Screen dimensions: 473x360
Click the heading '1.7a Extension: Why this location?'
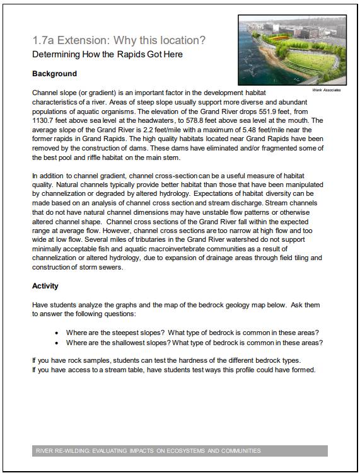pyautogui.click(x=119, y=40)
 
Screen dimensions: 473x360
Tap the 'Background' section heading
pyautogui.click(x=54, y=74)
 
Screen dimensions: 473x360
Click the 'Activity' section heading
pyautogui.click(x=45, y=286)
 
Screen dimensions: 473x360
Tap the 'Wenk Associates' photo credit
pyautogui.click(x=327, y=90)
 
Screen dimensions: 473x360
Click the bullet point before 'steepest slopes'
pyautogui.click(x=57, y=333)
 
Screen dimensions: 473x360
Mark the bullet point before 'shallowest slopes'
pyautogui.click(x=57, y=343)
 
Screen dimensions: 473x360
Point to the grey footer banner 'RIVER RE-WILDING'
pyautogui.click(x=180, y=451)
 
